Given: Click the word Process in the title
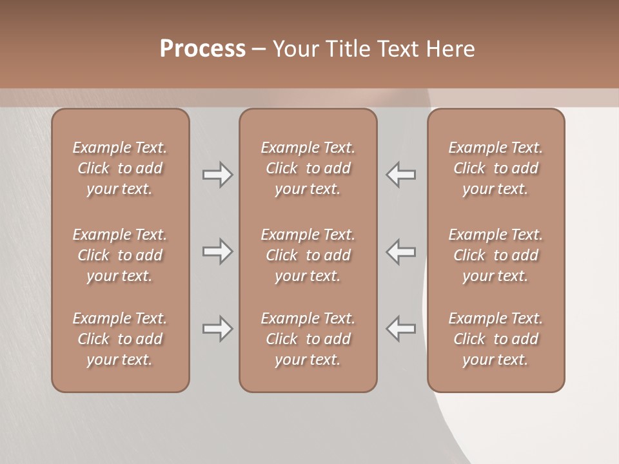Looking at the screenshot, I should (x=202, y=49).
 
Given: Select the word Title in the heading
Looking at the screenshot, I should (x=349, y=49).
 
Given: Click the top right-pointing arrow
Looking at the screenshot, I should (x=218, y=175).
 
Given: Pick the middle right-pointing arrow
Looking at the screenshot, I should (x=218, y=251).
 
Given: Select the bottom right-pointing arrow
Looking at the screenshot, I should (x=218, y=329).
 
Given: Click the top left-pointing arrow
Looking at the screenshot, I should (x=400, y=175).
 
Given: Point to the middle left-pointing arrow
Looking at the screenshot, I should (x=400, y=251).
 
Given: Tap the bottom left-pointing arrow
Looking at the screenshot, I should (x=400, y=329).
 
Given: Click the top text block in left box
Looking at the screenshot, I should (x=120, y=168).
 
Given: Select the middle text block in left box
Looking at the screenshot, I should (x=120, y=255).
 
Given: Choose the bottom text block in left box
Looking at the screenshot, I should (x=120, y=339).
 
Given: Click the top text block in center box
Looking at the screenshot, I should (x=308, y=168).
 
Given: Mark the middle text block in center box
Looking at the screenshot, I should (x=308, y=255).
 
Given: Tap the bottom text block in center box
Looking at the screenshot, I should (x=308, y=339).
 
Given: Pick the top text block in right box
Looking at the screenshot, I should (x=495, y=168).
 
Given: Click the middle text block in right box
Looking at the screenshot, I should (x=495, y=255).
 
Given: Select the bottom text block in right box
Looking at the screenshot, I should (x=495, y=339).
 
